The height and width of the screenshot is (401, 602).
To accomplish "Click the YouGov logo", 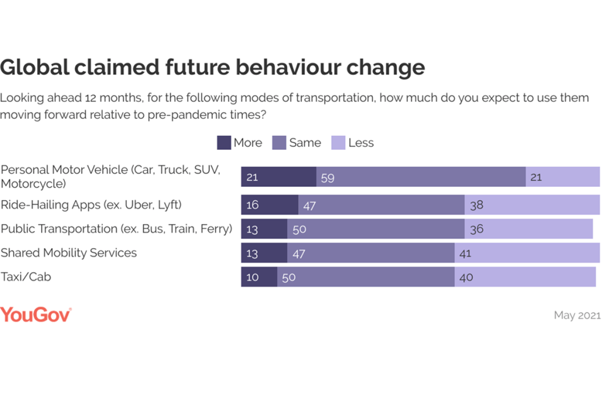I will point(36,315).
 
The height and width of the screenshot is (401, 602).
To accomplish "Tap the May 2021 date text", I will point(577,316).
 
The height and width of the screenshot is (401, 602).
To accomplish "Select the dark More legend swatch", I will point(224,143).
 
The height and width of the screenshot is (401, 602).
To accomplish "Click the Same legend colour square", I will point(279,143).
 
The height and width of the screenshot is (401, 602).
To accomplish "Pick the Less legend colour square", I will point(338,143).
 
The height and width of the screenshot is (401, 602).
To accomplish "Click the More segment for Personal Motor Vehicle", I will point(279,177).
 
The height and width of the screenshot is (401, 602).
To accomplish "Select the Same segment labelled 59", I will point(421,177).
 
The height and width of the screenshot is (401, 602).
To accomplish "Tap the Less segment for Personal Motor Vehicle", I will point(563,177).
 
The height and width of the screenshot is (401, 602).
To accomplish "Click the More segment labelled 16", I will point(270,205).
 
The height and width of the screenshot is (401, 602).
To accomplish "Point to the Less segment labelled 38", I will point(532,205).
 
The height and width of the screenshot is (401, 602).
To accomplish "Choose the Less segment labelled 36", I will point(529,229).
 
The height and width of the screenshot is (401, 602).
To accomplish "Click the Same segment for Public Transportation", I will point(376,229).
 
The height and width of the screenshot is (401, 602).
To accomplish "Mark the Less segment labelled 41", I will point(527,253).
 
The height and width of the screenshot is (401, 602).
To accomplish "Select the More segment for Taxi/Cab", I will point(259,277).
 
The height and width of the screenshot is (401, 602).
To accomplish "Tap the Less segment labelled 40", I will point(525,277).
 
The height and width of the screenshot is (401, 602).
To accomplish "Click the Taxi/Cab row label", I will point(26,276).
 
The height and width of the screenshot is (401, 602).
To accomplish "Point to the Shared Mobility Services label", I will point(69,253).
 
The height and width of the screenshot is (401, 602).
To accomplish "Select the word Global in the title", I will point(34,68).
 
